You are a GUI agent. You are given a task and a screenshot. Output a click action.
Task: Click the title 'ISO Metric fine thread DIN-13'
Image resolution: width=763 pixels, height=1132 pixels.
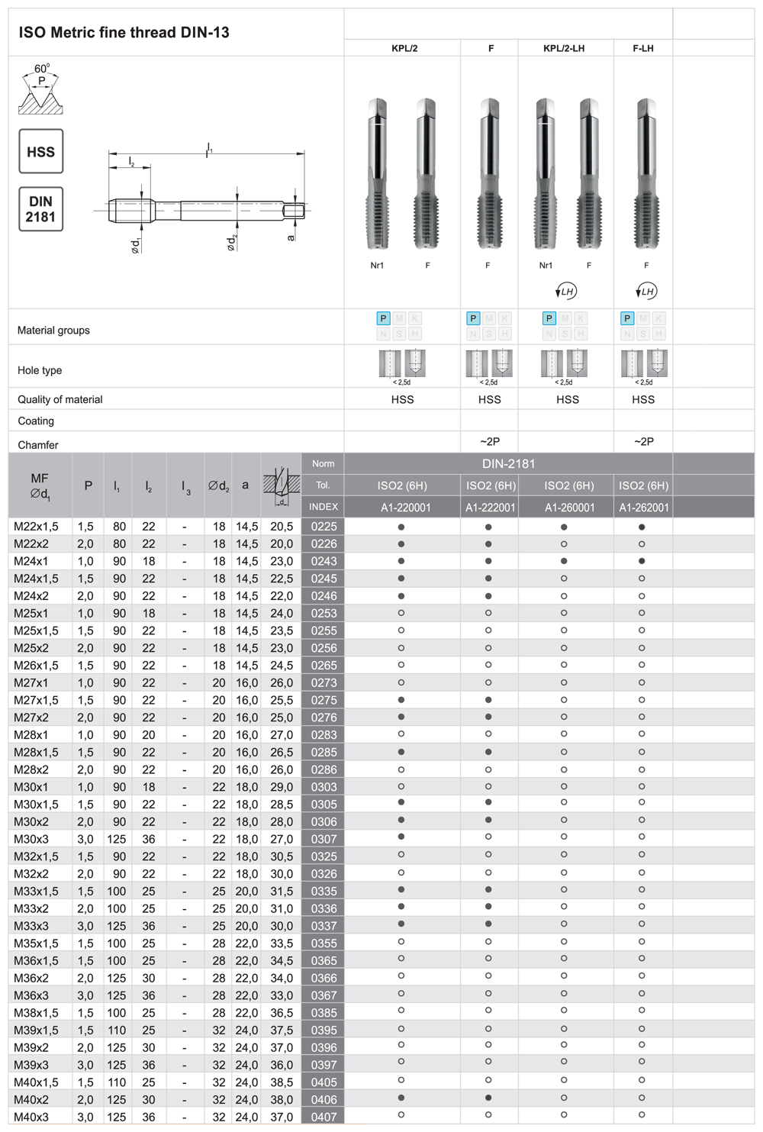pyautogui.click(x=124, y=33)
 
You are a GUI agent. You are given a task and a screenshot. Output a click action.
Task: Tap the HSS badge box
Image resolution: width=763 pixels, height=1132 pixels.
pyautogui.click(x=40, y=152)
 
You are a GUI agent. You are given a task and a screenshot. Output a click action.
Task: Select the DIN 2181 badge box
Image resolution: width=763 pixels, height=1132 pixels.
pyautogui.click(x=40, y=209)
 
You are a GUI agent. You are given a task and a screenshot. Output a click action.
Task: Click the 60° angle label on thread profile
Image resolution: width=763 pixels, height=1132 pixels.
pyautogui.click(x=42, y=69)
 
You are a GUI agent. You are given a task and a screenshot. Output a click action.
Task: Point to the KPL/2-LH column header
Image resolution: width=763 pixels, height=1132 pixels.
pyautogui.click(x=564, y=48)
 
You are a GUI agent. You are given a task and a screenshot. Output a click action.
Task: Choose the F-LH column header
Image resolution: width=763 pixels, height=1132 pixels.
pyautogui.click(x=643, y=48)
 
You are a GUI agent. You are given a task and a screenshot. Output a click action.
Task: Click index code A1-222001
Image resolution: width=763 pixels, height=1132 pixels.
pyautogui.click(x=490, y=508)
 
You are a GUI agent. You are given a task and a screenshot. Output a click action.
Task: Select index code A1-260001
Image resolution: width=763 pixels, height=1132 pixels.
pyautogui.click(x=568, y=508)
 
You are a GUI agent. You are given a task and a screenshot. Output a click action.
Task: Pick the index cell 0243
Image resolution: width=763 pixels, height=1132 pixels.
pyautogui.click(x=324, y=561)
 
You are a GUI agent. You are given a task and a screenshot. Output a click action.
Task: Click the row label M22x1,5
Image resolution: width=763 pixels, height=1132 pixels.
pyautogui.click(x=36, y=527)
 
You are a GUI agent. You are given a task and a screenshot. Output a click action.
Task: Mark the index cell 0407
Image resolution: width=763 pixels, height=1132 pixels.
pyautogui.click(x=324, y=1117)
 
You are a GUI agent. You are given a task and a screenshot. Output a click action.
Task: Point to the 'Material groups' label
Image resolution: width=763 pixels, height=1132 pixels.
pyautogui.click(x=53, y=331)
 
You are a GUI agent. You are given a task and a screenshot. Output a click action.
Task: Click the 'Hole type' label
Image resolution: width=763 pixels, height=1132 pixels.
pyautogui.click(x=40, y=370)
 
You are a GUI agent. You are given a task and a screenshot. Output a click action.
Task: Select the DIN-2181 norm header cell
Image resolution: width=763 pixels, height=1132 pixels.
pyautogui.click(x=508, y=464)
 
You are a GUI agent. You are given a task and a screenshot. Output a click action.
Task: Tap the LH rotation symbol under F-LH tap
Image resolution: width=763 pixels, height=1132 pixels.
pyautogui.click(x=646, y=292)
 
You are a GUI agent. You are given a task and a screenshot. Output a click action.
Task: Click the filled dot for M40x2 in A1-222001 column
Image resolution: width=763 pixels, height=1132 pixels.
pyautogui.click(x=488, y=1098)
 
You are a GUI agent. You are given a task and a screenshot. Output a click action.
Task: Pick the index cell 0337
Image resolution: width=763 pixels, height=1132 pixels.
pyautogui.click(x=324, y=926)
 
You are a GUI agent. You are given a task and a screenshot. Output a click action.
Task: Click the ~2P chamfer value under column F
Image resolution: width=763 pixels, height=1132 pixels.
pyautogui.click(x=490, y=442)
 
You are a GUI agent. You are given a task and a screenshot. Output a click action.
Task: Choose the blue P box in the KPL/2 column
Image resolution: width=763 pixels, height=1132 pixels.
pyautogui.click(x=384, y=318)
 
